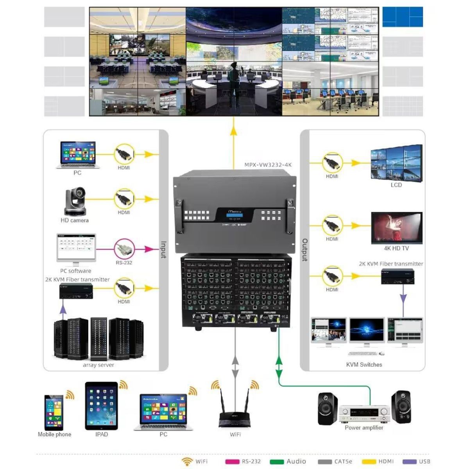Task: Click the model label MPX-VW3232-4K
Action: [x=268, y=165]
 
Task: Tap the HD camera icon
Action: [x=75, y=202]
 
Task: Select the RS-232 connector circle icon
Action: [x=124, y=249]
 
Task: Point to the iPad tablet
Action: [x=101, y=406]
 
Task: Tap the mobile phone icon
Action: [x=54, y=412]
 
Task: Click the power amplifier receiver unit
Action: [x=364, y=414]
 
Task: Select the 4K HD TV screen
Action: [x=397, y=228]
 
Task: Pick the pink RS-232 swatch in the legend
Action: [x=233, y=462]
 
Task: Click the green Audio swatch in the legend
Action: [x=277, y=462]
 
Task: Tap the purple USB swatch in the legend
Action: [x=409, y=462]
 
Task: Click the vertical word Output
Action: [x=305, y=250]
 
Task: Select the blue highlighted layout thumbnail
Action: [x=403, y=17]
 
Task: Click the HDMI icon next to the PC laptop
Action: [x=124, y=154]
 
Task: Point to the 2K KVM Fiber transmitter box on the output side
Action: [x=398, y=277]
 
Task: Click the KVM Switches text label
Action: [x=364, y=365]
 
